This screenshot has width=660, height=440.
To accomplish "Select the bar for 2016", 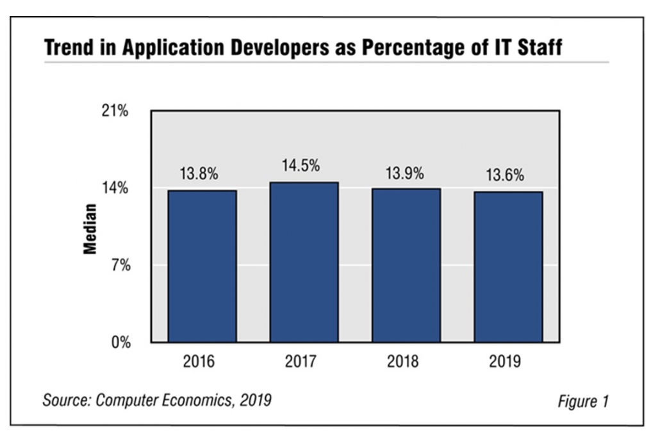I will tap(202, 266).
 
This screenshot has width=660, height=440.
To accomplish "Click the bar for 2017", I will tap(304, 262).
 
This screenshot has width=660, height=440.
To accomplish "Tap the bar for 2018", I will tap(406, 265).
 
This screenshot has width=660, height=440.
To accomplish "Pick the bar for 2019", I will tap(508, 266).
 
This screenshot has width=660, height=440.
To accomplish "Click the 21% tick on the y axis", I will tap(117, 111).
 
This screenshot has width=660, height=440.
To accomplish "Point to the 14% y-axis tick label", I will tap(117, 188).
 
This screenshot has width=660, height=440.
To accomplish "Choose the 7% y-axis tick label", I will tap(121, 265).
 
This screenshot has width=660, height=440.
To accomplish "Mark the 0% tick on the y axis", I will tap(121, 342).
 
